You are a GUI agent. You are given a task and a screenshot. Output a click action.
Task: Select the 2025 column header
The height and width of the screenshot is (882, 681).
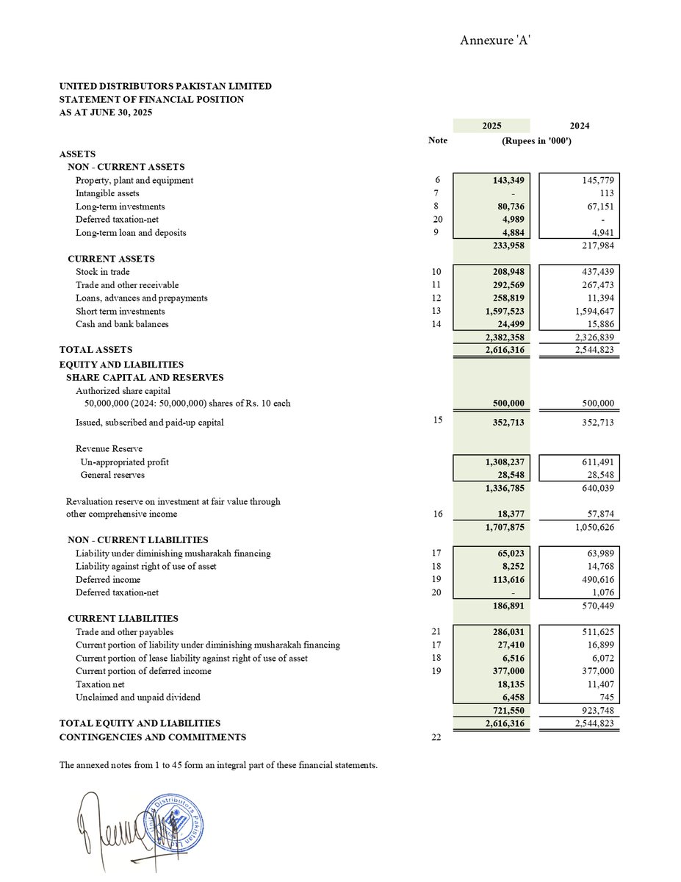click(491, 126)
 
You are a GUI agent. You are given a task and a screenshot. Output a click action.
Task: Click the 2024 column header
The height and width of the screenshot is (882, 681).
click(579, 126)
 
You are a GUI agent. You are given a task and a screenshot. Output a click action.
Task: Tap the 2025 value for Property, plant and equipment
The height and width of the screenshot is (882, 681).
click(503, 180)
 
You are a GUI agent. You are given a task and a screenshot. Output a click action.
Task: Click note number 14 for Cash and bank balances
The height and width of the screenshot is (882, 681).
click(438, 324)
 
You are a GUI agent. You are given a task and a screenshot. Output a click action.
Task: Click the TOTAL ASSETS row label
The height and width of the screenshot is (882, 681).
click(96, 350)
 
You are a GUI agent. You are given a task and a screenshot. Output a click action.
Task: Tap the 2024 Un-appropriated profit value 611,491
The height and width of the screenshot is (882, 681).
click(596, 462)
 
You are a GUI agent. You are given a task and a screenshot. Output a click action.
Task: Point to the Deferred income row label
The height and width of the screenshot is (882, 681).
click(108, 579)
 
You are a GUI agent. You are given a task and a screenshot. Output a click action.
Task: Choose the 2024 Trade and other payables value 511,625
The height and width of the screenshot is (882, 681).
click(596, 631)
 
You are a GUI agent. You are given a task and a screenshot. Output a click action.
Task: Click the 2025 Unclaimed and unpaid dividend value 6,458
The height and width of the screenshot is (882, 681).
click(510, 697)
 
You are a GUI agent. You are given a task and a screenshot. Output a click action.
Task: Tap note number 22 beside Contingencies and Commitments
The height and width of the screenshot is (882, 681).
click(438, 736)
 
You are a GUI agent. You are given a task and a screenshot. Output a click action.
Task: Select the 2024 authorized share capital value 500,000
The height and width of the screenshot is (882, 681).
click(596, 403)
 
